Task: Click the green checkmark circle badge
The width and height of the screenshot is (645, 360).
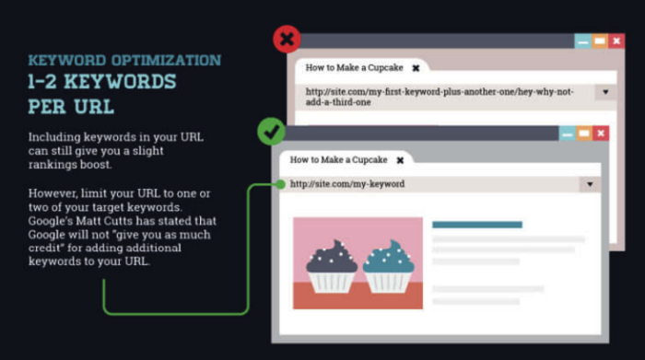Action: point(271,133)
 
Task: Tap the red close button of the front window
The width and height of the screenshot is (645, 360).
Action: point(602,134)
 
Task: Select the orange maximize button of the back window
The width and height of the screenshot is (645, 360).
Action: point(600,41)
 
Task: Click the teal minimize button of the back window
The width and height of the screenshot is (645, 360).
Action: point(582,41)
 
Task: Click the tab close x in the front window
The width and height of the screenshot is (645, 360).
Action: point(401,159)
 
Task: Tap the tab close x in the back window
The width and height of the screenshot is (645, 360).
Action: point(416,68)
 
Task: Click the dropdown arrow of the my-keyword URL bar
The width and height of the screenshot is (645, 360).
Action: point(590,184)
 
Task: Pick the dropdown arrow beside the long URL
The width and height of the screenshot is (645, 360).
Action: point(605,92)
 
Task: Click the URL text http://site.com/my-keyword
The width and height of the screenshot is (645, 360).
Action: point(347,184)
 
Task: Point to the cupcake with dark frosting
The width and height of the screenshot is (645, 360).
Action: point(332,262)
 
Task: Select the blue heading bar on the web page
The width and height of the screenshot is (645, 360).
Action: point(476,224)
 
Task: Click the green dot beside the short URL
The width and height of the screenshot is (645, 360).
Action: point(279,184)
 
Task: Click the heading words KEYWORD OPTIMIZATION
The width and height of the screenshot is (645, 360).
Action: point(124,61)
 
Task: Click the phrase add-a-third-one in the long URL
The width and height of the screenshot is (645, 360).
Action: point(338,102)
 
